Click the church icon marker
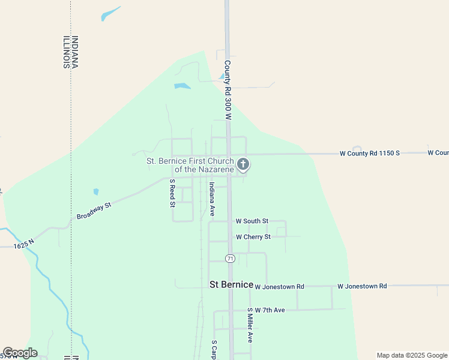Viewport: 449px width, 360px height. (243, 164)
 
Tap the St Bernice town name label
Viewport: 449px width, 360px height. (231, 284)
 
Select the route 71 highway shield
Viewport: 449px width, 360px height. (230, 258)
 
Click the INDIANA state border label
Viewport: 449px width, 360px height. (75, 52)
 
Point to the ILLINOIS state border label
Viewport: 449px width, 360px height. (65, 52)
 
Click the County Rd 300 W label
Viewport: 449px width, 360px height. (228, 90)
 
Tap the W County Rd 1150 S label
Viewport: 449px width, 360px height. (370, 153)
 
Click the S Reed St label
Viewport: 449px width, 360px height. (172, 193)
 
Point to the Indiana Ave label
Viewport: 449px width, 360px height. (212, 199)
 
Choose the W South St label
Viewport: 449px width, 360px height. (252, 221)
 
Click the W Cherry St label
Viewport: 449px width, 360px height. (253, 237)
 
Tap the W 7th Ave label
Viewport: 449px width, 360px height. (270, 310)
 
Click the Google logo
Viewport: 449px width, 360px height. (20, 353)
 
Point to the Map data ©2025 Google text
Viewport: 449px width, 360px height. (411, 355)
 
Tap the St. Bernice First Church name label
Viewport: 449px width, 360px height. (191, 165)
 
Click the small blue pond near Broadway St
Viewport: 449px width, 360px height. (96, 192)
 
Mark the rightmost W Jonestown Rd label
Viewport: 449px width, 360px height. (362, 286)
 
